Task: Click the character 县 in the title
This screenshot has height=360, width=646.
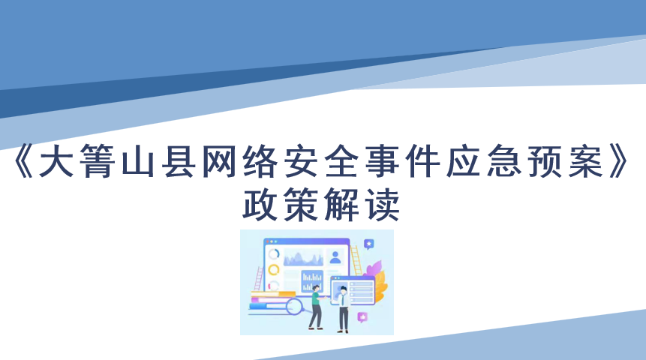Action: point(179,161)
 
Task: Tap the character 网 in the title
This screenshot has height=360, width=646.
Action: point(219,161)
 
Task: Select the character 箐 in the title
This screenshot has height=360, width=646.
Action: point(97,161)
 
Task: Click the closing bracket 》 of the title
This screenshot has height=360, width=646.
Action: point(620,161)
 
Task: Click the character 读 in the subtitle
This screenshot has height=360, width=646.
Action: point(383,204)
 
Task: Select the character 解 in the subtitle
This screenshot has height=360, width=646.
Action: point(341,204)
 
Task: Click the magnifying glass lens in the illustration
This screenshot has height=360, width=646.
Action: point(294,307)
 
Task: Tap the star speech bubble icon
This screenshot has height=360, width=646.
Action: point(368,244)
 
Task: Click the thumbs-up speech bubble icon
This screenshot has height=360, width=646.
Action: point(362,317)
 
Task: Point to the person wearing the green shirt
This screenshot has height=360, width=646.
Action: point(316,307)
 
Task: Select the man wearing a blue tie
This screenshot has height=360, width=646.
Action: point(342,309)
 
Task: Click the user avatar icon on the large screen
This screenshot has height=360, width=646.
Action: point(335,257)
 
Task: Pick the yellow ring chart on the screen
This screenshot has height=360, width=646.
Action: point(274,270)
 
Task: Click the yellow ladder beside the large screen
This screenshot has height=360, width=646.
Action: point(356,260)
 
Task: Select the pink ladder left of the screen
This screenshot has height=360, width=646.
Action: point(259,279)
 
